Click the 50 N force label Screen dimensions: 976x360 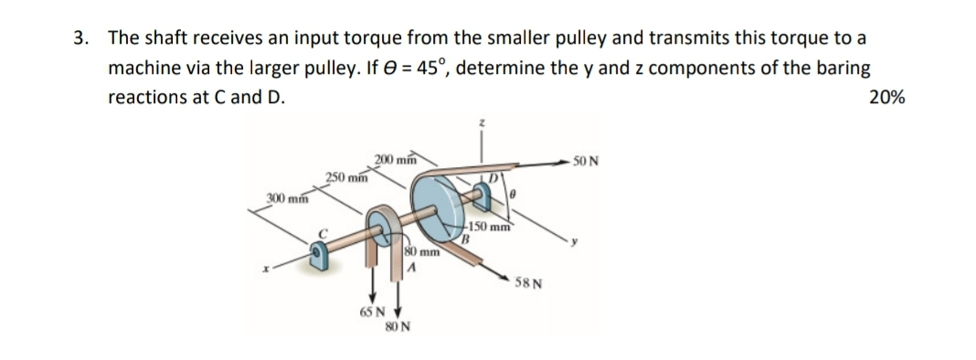586,162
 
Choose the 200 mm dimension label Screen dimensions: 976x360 395,161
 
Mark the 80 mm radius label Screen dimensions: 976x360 422,249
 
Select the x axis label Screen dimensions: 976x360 266,269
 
